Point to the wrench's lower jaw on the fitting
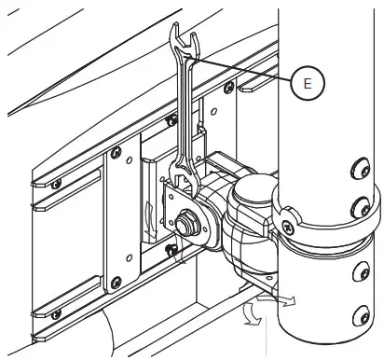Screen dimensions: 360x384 (184, 186)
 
